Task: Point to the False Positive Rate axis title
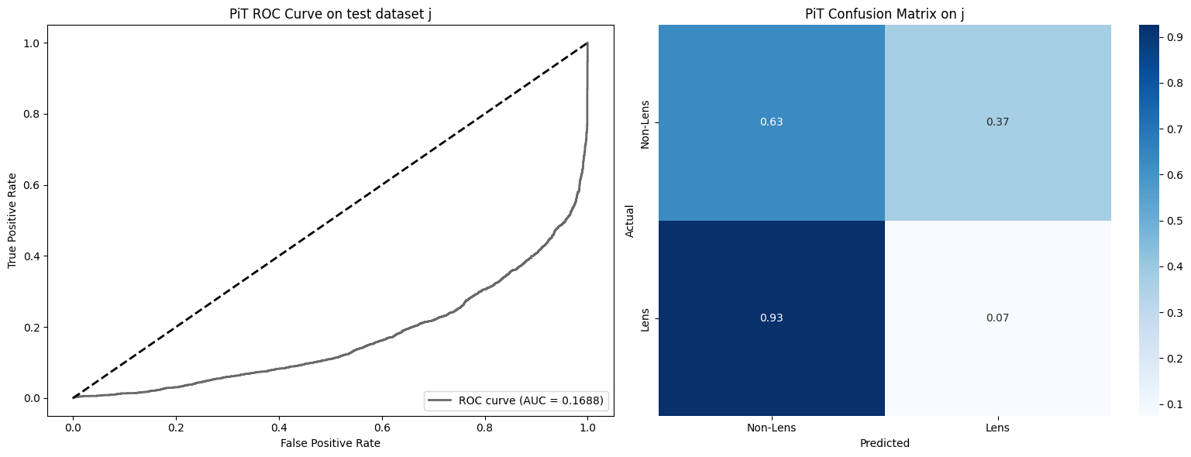point(330,443)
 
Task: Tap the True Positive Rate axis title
point(12,220)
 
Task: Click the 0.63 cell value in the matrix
point(771,122)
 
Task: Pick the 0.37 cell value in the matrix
point(997,122)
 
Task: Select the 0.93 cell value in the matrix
point(771,318)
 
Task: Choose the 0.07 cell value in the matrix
point(997,318)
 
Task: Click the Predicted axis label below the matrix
point(884,444)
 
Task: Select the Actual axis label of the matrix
point(629,220)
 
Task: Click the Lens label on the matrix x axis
point(997,428)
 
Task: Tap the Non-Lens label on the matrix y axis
point(645,122)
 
